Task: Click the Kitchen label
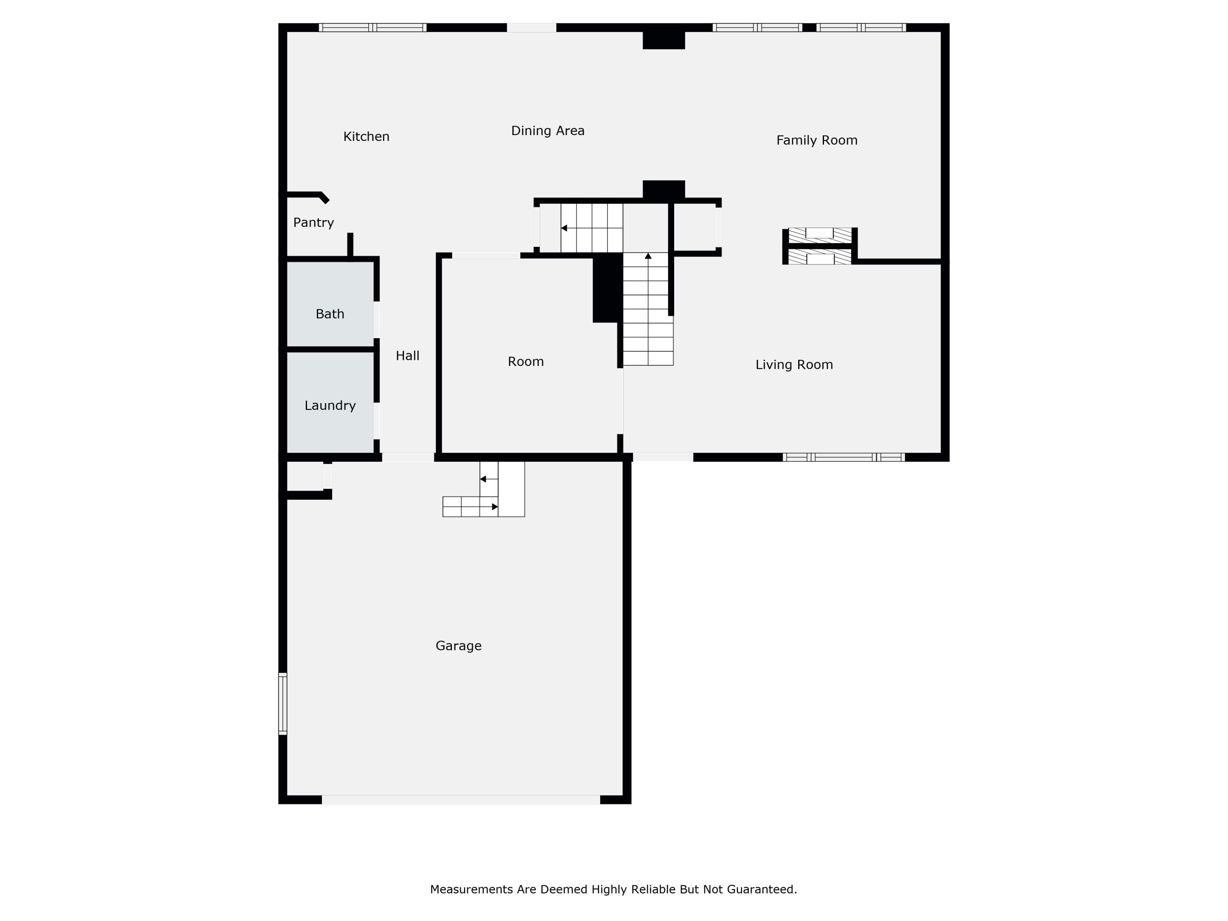[x=366, y=137]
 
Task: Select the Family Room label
[x=817, y=140]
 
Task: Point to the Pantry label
[x=314, y=223]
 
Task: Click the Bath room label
[x=330, y=314]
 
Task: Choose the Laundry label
[x=330, y=406]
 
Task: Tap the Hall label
[x=407, y=356]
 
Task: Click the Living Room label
[x=794, y=365]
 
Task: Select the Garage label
[x=458, y=646]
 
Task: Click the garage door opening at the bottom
[x=461, y=799]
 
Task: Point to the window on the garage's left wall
[x=282, y=703]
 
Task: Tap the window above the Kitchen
[x=372, y=27]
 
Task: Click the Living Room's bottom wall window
[x=844, y=457]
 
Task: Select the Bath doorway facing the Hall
[x=377, y=319]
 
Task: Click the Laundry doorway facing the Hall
[x=377, y=420]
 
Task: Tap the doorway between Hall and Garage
[x=408, y=457]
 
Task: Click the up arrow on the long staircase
[x=648, y=256]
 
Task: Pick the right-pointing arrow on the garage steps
[x=494, y=507]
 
